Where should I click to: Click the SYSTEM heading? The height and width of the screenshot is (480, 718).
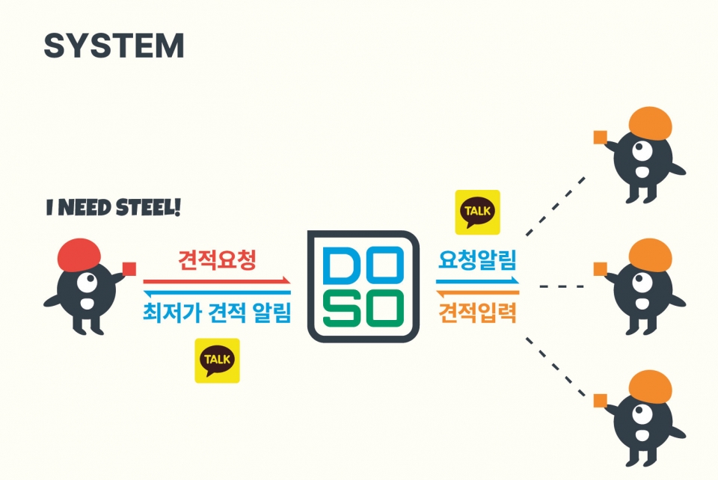pos(114,46)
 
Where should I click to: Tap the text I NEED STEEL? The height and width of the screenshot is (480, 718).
pos(113,208)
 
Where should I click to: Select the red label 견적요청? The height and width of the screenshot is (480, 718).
pos(217,260)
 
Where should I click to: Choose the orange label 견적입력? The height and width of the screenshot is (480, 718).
pos(478,312)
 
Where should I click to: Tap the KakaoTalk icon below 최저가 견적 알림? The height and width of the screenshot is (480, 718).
pos(217,360)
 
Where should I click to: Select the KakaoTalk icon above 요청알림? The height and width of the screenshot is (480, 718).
pos(478,212)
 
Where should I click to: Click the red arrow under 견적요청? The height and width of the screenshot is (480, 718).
pos(217,281)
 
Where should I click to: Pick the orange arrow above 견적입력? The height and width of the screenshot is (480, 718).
pos(478,292)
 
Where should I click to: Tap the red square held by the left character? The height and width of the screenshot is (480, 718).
pos(129,268)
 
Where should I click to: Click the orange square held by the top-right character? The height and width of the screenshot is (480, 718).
pos(599,137)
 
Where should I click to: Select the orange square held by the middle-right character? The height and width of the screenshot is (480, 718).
pos(599,268)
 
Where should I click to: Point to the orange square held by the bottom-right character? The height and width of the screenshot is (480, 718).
pos(599,400)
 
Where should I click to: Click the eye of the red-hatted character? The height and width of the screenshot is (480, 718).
pos(88,283)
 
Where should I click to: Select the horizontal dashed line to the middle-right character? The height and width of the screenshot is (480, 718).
pos(561,286)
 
